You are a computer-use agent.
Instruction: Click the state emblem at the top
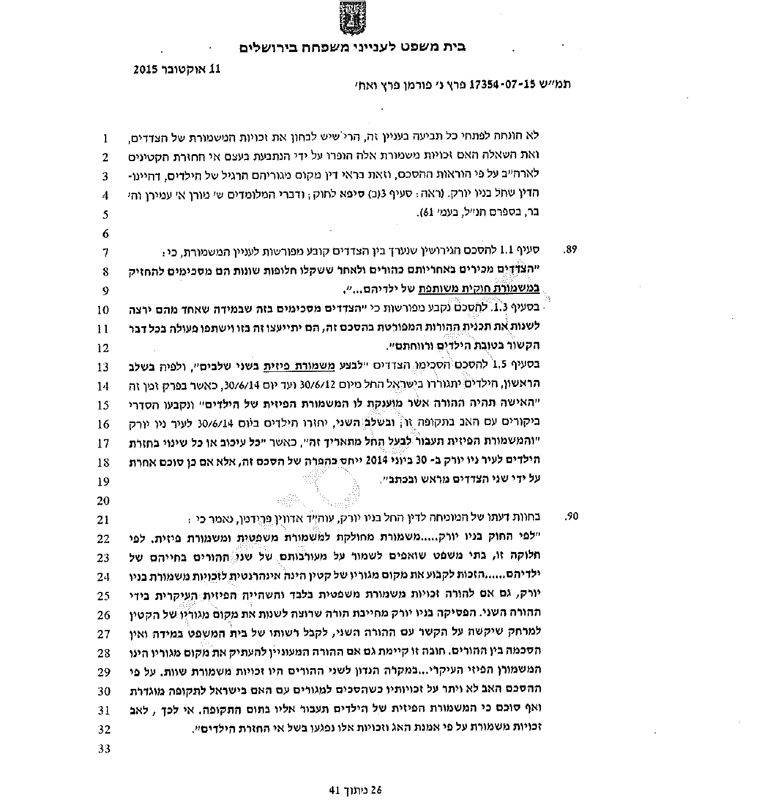tap(350, 20)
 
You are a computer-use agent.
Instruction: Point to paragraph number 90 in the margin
tap(572, 517)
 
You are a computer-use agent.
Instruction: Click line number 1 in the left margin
tap(105, 139)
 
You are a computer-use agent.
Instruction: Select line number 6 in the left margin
tap(105, 234)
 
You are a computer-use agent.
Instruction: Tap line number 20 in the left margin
tap(103, 500)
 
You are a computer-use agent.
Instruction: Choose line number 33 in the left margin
tap(103, 749)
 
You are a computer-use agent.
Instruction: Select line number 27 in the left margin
tap(103, 634)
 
